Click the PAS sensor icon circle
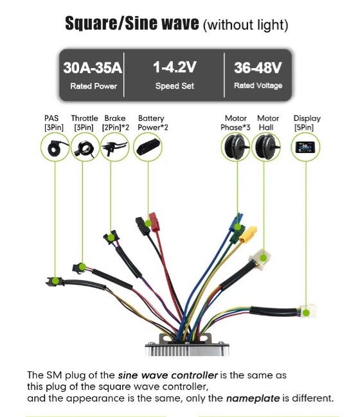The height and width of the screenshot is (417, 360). point(55,147)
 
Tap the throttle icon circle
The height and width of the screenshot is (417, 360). point(85,147)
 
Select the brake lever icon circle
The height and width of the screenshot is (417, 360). point(115,147)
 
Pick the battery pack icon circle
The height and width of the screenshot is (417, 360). point(148,147)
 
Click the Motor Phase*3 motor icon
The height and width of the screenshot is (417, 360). point(236,147)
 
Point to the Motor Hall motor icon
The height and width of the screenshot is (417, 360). point(266,147)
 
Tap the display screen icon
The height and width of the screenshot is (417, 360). point(305,147)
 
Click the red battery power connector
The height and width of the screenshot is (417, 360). point(153,222)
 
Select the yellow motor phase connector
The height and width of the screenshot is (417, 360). point(248,234)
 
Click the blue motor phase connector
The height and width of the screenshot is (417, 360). point(236,222)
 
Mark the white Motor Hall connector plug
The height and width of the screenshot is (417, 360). point(260,258)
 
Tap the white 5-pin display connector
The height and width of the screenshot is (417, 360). point(308,310)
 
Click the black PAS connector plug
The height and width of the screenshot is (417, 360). point(55,281)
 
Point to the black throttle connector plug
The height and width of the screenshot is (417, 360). point(80,267)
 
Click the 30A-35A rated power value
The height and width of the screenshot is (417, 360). point(93,67)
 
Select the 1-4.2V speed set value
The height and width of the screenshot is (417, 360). point(175,67)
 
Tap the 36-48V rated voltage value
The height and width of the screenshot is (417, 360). point(258,67)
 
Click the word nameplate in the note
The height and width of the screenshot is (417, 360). point(253,398)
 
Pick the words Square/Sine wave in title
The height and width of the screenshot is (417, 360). point(132,23)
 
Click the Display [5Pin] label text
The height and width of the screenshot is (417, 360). point(307,123)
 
